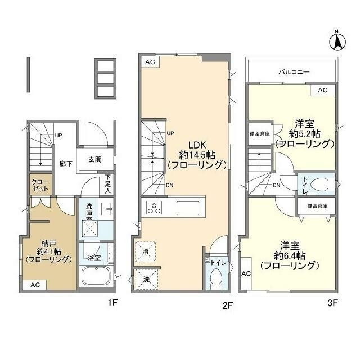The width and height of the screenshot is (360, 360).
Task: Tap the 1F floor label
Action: pos(112,303)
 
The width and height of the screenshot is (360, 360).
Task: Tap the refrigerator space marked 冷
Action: pos(146,251)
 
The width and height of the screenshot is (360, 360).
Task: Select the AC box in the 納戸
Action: pos(35,285)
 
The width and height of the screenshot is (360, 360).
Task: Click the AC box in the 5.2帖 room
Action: pos(322,90)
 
